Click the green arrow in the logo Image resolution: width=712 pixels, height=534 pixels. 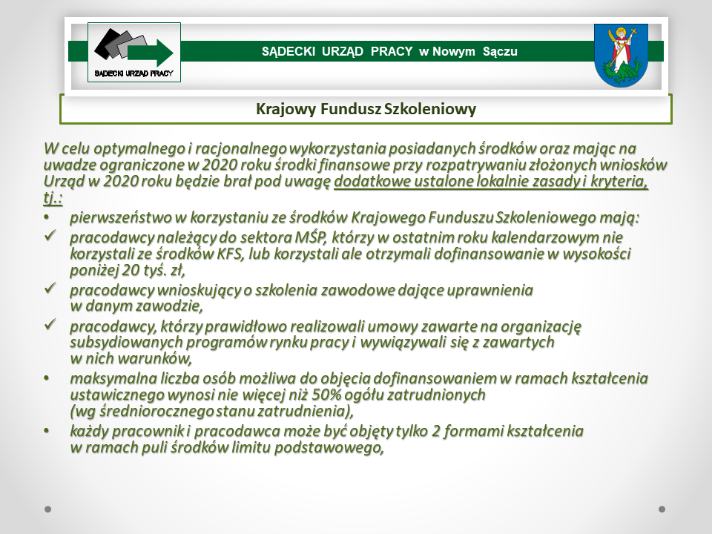coord(151,53)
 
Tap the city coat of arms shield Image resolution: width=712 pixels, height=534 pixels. coord(621,56)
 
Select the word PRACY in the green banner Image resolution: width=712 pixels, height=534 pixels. coord(392,51)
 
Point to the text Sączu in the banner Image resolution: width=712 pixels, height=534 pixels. coord(500,52)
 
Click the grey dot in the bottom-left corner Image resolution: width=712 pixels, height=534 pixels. coord(47,509)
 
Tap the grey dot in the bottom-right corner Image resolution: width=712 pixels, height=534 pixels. coord(662,509)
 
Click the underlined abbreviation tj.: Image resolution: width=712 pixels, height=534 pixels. coord(53,198)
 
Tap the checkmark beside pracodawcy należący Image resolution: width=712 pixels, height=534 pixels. coord(50,235)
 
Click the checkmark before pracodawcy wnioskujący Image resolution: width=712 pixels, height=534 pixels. coord(50,288)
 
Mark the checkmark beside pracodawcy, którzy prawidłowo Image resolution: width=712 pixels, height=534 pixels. coord(50,324)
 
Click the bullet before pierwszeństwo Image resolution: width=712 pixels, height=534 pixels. coord(46,217)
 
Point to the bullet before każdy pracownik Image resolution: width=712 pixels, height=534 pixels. coord(46,430)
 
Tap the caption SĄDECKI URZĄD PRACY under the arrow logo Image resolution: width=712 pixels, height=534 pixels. coord(134,73)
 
